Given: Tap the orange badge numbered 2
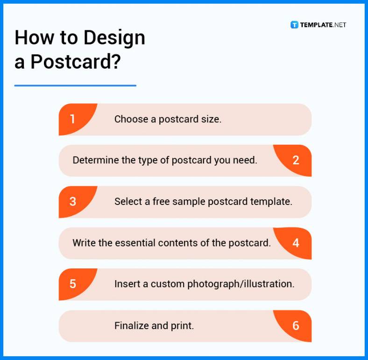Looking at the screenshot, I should point(294,160).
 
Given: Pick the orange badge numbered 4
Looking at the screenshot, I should point(294,243).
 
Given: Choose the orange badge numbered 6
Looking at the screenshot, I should point(294,325).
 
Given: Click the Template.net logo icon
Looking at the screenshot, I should point(294,25).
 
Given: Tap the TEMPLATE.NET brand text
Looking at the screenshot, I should point(323,25).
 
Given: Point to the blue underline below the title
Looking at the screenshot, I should point(75,85).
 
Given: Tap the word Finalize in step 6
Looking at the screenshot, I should point(131,325).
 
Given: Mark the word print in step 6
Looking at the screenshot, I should point(182,325).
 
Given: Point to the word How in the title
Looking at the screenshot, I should point(32,38).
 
